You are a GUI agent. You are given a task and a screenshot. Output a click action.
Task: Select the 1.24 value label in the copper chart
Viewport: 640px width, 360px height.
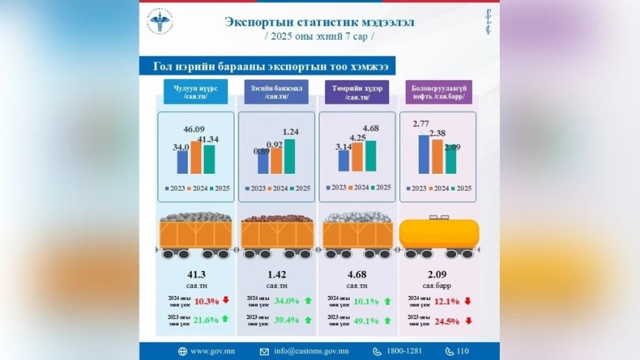288,133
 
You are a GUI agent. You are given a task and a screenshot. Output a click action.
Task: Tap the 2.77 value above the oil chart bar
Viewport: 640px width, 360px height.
422,123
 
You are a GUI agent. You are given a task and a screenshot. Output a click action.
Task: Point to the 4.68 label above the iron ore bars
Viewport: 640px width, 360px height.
370,128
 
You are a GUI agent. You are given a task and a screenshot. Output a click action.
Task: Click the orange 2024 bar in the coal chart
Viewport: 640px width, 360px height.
196,157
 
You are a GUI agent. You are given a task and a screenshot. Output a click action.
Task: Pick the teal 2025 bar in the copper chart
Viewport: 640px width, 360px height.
289,155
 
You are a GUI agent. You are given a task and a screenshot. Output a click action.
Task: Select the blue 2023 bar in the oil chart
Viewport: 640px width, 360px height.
424,154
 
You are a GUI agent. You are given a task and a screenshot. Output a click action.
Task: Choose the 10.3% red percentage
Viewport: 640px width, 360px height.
206,301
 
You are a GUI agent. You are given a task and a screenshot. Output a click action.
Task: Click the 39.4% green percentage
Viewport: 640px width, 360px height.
286,320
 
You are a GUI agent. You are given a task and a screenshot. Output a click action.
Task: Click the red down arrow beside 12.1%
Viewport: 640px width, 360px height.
468,301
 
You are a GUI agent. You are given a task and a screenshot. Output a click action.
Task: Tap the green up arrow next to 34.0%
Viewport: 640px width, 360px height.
307,301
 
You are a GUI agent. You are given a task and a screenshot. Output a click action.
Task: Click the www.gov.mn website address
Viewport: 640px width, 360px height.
211,351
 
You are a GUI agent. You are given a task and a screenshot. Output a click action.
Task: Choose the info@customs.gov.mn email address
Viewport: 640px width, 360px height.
311,351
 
